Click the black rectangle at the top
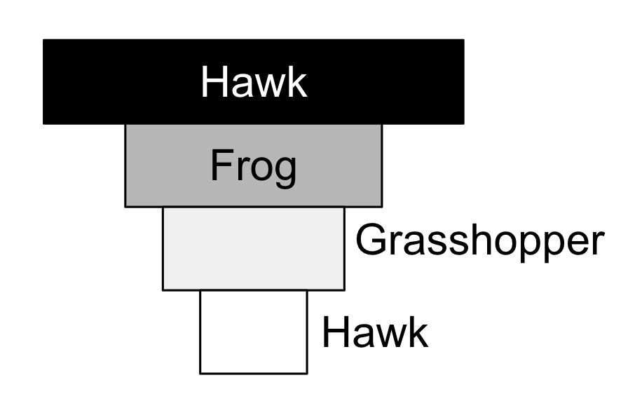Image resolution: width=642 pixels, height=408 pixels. click(x=254, y=81)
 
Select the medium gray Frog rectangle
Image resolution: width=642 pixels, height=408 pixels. click(x=254, y=165)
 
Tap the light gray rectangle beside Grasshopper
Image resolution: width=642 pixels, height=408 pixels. click(x=254, y=249)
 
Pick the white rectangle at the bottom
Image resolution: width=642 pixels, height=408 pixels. click(x=254, y=332)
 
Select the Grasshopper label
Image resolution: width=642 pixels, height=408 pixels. click(x=480, y=243)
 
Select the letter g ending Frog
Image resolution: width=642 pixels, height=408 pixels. click(x=285, y=172)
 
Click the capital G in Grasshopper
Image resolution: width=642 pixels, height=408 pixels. click(x=371, y=239)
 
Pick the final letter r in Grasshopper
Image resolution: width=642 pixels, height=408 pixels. click(x=597, y=243)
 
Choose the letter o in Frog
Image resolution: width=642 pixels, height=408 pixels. click(x=261, y=169)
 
